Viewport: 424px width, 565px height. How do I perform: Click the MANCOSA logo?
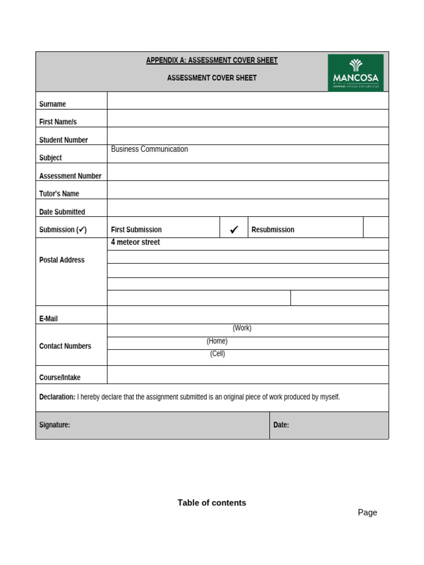coord(356,72)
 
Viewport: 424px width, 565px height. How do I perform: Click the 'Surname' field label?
coord(52,104)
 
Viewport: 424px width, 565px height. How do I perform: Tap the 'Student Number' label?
coord(63,140)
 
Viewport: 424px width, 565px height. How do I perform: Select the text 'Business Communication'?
coord(149,149)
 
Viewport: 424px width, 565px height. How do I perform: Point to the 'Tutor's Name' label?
coord(59,194)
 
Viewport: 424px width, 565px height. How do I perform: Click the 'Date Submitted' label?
coord(62,212)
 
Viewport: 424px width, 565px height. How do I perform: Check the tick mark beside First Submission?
coord(234,230)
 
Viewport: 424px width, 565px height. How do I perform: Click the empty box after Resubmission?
coord(375,227)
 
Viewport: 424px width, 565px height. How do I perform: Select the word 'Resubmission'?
coord(273,230)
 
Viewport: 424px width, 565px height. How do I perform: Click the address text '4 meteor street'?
coord(135,242)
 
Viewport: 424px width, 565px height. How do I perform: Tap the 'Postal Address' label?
coord(62,260)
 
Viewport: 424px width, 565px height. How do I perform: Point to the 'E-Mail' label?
coord(49,318)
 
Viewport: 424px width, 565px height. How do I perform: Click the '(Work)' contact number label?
coord(242,328)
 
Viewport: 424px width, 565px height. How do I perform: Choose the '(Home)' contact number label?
coord(217,341)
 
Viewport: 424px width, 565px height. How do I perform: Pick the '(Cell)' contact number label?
coord(218,354)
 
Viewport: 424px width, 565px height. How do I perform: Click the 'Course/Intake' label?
coord(60,377)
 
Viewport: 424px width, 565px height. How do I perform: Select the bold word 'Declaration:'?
coord(57,397)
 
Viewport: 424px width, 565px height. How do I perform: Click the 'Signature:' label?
coord(55,425)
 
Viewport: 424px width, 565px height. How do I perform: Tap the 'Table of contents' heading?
coord(211,503)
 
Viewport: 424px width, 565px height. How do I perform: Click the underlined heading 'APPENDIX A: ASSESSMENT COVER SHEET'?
coord(211,60)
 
